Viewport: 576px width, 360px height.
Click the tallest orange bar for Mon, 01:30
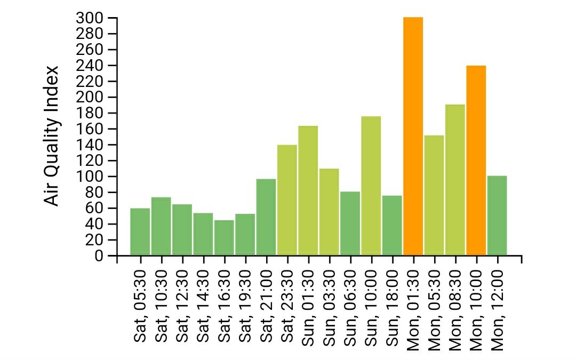tap(413, 137)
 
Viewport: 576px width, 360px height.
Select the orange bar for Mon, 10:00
tap(476, 160)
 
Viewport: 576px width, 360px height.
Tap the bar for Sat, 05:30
tap(140, 231)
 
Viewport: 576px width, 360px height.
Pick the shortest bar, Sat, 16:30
tap(224, 237)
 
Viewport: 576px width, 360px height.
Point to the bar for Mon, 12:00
tap(497, 215)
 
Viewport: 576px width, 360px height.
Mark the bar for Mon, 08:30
tap(455, 180)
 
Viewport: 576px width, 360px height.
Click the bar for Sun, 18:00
tap(392, 226)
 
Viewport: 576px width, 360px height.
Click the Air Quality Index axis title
tap(51, 135)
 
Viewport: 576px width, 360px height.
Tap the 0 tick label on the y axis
tap(98, 256)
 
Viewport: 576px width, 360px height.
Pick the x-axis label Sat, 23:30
tap(287, 307)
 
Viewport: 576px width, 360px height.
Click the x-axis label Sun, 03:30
tap(329, 307)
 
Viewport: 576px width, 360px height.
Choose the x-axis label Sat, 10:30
tap(161, 307)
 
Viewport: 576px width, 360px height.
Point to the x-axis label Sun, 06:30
tap(350, 307)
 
